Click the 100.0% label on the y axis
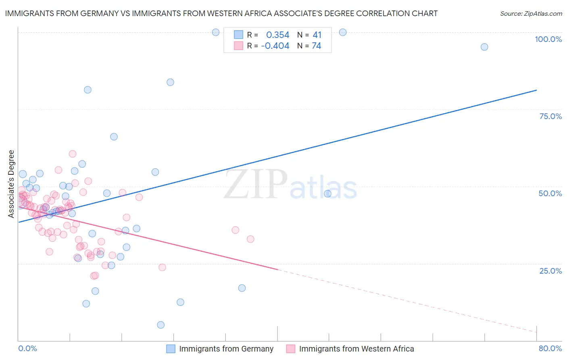coord(548,39)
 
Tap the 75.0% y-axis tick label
coord(550,116)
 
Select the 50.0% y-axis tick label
coord(550,193)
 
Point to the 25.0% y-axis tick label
coord(550,271)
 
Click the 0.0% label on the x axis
coord(28,348)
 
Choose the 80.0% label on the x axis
coord(550,348)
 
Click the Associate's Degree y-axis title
coord(11,184)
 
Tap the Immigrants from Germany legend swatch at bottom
coord(171,349)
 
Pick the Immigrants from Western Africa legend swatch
coord(291,349)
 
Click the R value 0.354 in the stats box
coord(277,35)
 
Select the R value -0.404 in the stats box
coord(275,46)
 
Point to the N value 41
coord(317,35)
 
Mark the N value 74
coord(317,46)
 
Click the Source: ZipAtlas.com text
coord(531,14)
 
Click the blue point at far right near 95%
coord(484,47)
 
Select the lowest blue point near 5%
coord(161,325)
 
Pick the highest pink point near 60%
coord(73,154)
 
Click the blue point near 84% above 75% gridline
coord(171,82)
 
